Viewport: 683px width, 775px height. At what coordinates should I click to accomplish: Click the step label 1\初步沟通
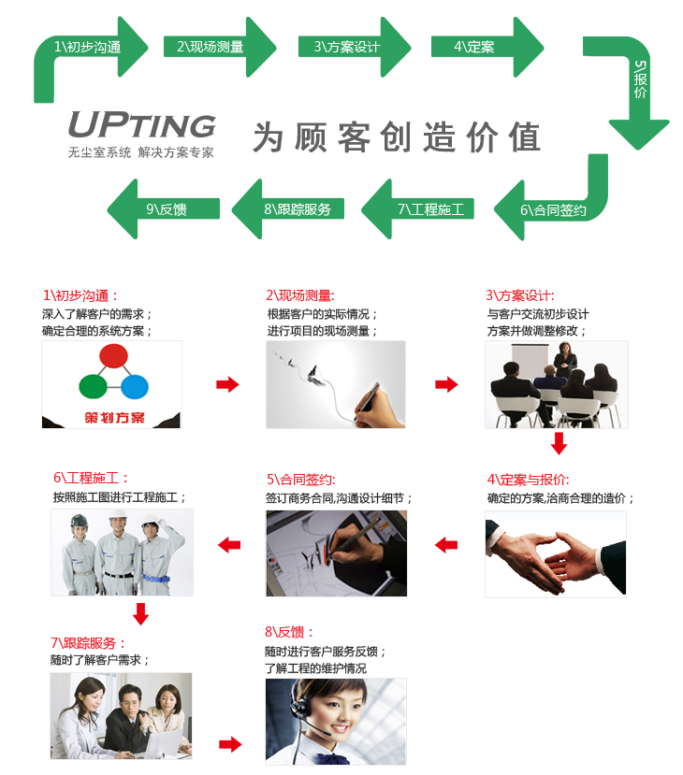pos(87,47)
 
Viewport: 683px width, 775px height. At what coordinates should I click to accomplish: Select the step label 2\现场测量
pos(211,47)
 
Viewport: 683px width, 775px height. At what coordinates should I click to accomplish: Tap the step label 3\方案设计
pos(346,47)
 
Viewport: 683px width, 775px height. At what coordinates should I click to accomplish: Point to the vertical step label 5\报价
pos(640,79)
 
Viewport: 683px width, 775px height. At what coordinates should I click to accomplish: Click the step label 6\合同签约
pos(553,210)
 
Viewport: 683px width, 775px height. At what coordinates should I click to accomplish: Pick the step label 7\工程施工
pos(430,209)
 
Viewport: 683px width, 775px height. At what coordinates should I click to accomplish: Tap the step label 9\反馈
pos(167,209)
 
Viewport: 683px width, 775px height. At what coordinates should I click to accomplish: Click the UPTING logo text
pos(141,125)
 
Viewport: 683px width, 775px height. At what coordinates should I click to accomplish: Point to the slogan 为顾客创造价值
pos(397,137)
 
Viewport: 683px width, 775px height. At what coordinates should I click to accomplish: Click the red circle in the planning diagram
pos(113,356)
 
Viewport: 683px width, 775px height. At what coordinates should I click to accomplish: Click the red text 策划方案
pos(111,415)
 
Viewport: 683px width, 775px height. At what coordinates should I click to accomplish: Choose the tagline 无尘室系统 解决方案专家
pos(141,151)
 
